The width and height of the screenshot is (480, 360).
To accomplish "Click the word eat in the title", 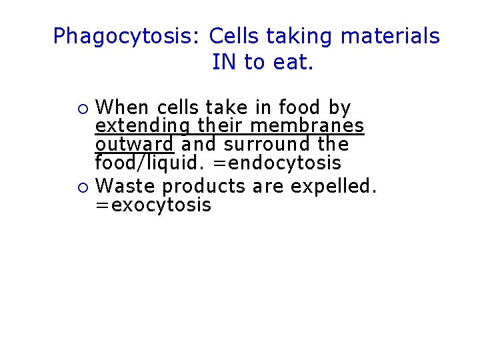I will pos(295,63).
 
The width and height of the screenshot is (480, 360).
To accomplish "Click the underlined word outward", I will pos(134,144).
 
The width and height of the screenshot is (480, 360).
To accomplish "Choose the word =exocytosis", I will pos(153,205).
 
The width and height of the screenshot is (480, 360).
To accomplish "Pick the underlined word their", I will pos(221,126).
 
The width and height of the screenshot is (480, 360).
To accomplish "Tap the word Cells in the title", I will pos(231,36).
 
